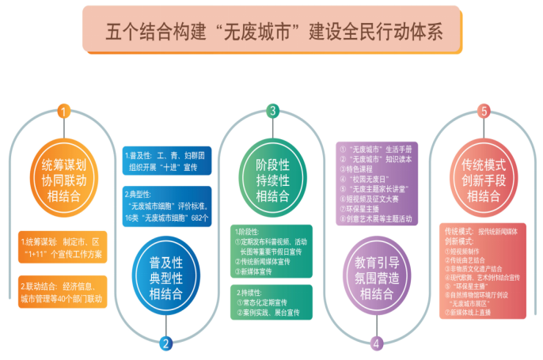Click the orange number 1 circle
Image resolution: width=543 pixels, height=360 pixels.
coord(63,112)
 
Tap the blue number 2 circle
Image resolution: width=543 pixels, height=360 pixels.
coord(165,343)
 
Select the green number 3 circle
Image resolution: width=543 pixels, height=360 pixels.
coord(272,112)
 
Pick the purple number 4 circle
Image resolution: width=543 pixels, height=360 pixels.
coord(377,343)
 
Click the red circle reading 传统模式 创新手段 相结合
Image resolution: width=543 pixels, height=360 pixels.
coord(484,180)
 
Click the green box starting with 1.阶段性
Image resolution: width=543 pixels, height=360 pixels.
coord(271,251)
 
